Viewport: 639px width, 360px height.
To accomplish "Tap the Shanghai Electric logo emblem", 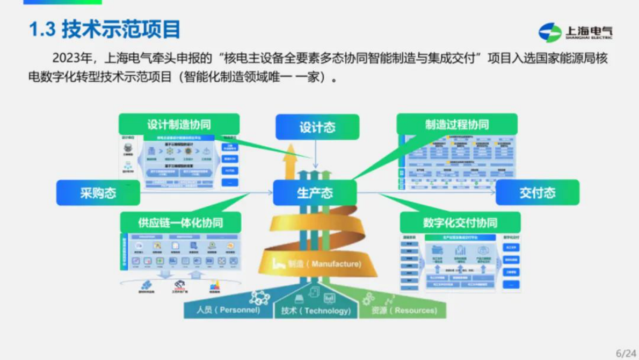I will point(549,32).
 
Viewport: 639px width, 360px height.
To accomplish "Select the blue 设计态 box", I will point(317,127).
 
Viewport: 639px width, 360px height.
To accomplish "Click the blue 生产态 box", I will point(315,193).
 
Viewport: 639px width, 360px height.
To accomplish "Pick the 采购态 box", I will point(98,193).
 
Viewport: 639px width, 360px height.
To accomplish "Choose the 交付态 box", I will point(537,193).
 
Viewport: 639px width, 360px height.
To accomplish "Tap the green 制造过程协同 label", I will point(457,125).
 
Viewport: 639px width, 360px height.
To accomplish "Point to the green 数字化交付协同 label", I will point(460,222).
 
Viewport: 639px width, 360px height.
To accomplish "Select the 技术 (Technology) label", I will point(316,311).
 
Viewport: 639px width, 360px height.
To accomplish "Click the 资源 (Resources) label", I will point(403,311).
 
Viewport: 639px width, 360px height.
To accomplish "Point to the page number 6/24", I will point(625,353).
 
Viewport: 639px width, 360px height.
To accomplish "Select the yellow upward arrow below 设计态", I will point(292,161).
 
